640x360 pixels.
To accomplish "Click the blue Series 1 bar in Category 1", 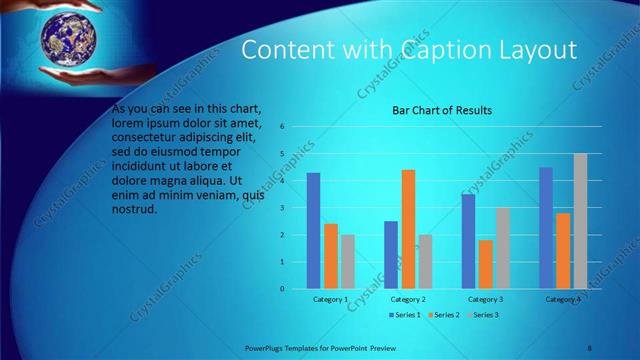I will point(313,231).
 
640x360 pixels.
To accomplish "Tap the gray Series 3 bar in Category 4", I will point(580,221).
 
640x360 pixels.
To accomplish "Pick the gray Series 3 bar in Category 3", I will point(502,248).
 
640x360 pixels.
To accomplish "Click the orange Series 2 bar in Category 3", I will point(486,264).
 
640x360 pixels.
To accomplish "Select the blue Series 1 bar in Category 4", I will point(546,228).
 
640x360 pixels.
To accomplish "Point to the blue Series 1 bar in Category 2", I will point(391,255).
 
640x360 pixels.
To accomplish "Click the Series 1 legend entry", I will point(404,315).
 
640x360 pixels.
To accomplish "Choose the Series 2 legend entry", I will point(443,315).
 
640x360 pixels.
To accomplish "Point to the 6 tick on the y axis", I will point(283,127).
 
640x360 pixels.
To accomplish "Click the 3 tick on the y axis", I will point(283,208).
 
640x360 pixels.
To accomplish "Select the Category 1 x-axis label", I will point(330,299).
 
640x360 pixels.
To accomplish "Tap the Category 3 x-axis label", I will point(486,299).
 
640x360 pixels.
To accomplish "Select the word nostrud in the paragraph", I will point(135,209).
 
